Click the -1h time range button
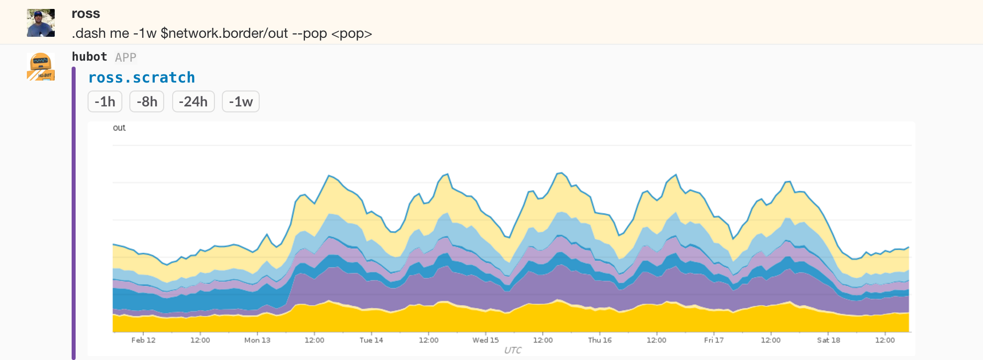pos(105,101)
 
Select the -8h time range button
pos(147,101)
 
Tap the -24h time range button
pos(193,101)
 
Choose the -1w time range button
pos(241,101)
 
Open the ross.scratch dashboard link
pos(141,78)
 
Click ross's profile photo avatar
pos(41,23)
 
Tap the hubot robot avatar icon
pos(41,67)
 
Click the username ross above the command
pos(86,13)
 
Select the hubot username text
pos(90,57)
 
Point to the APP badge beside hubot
pos(125,58)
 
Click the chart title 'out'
pos(119,128)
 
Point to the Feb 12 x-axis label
pos(143,340)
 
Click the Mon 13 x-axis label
pos(257,340)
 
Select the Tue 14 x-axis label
pos(371,340)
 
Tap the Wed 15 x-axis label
pos(486,340)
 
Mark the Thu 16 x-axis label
pos(599,340)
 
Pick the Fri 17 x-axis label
pos(714,340)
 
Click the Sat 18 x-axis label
pos(828,340)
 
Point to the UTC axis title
pos(512,350)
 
